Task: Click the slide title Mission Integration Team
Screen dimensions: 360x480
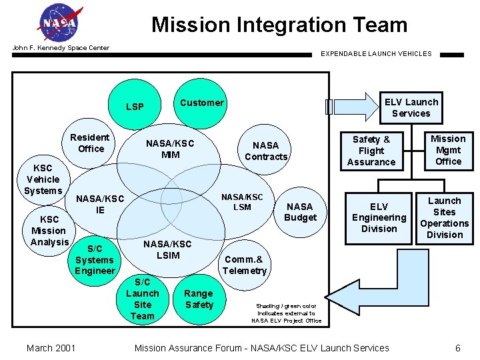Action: [279, 25]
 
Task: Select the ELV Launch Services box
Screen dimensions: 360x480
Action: [411, 107]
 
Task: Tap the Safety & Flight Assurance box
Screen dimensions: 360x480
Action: [371, 151]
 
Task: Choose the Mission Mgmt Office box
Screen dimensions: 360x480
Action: [448, 150]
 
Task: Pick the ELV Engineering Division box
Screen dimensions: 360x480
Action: [379, 218]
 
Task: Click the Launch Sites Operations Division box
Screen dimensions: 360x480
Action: [444, 218]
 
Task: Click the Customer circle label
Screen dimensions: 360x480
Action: [201, 103]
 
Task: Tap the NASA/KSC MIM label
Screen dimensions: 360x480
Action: [170, 149]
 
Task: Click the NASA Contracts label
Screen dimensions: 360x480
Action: [266, 151]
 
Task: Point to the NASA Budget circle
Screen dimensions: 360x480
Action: [300, 212]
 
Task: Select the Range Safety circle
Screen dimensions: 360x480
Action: [199, 299]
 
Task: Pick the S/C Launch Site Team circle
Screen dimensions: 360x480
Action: [143, 299]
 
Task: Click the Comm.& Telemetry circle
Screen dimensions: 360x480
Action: [245, 265]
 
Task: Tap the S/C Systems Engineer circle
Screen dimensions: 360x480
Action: [95, 260]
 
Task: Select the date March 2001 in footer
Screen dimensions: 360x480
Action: [51, 347]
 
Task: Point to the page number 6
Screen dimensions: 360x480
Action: [457, 347]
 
